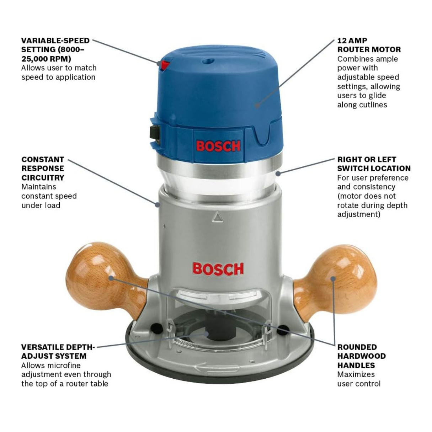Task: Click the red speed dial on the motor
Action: pyautogui.click(x=165, y=65)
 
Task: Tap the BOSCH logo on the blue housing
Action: pyautogui.click(x=218, y=146)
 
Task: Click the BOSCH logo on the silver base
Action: pyautogui.click(x=218, y=269)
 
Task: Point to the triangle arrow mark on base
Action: pyautogui.click(x=218, y=217)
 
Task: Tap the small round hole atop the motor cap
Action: pyautogui.click(x=207, y=61)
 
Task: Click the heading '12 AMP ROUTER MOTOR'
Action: pyautogui.click(x=369, y=45)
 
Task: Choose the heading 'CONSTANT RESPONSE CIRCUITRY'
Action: pyautogui.click(x=43, y=169)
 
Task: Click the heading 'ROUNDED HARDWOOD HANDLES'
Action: pyautogui.click(x=361, y=356)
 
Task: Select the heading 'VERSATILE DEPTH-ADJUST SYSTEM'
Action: pyautogui.click(x=58, y=352)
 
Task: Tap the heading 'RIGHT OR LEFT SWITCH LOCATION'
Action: pyautogui.click(x=374, y=164)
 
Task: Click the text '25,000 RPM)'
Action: pyautogui.click(x=46, y=59)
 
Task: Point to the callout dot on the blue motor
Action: pyautogui.click(x=257, y=105)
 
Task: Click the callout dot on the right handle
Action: pyautogui.click(x=333, y=279)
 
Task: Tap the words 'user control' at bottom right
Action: pyautogui.click(x=359, y=384)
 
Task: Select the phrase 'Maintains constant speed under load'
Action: pyautogui.click(x=49, y=196)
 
